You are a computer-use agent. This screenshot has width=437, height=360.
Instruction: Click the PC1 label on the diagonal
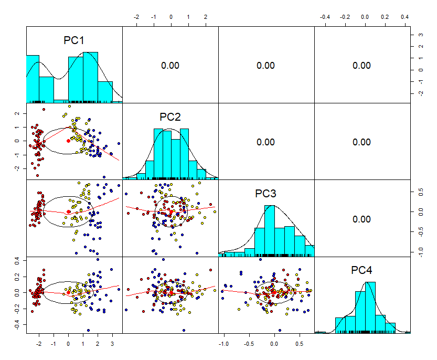tap(74, 40)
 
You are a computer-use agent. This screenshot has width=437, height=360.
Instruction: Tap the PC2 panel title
tap(170, 117)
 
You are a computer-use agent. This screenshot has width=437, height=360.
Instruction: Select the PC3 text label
tap(265, 194)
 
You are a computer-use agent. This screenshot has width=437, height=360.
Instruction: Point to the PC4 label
tap(361, 270)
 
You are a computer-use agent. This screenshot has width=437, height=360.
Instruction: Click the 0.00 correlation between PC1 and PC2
tap(170, 66)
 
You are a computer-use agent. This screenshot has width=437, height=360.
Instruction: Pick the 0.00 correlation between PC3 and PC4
tap(361, 219)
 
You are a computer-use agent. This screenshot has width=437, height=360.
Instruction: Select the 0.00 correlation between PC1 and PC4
tap(361, 66)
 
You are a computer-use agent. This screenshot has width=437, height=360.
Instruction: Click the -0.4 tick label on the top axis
tap(325, 17)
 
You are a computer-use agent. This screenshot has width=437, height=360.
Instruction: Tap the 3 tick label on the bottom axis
tap(112, 344)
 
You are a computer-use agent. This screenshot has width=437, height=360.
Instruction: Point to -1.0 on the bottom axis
tap(223, 344)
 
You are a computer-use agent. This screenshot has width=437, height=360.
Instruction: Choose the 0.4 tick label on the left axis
tap(17, 261)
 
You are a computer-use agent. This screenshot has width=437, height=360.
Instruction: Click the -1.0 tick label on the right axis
tap(421, 252)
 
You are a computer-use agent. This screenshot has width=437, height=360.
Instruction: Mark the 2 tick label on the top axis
tap(206, 17)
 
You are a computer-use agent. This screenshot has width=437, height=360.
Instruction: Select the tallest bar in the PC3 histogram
tap(270, 231)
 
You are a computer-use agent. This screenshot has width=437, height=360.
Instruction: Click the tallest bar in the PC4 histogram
tap(370, 308)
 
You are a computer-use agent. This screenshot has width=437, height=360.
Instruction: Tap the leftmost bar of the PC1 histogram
tap(33, 79)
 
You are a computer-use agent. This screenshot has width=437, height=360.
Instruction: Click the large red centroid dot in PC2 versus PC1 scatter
tap(68, 141)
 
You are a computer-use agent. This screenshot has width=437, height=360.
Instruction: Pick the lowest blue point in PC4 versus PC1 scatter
tap(88, 331)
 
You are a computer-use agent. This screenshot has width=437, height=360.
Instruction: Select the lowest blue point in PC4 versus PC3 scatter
tap(280, 331)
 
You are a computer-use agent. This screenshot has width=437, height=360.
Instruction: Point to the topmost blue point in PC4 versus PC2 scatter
tap(163, 260)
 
